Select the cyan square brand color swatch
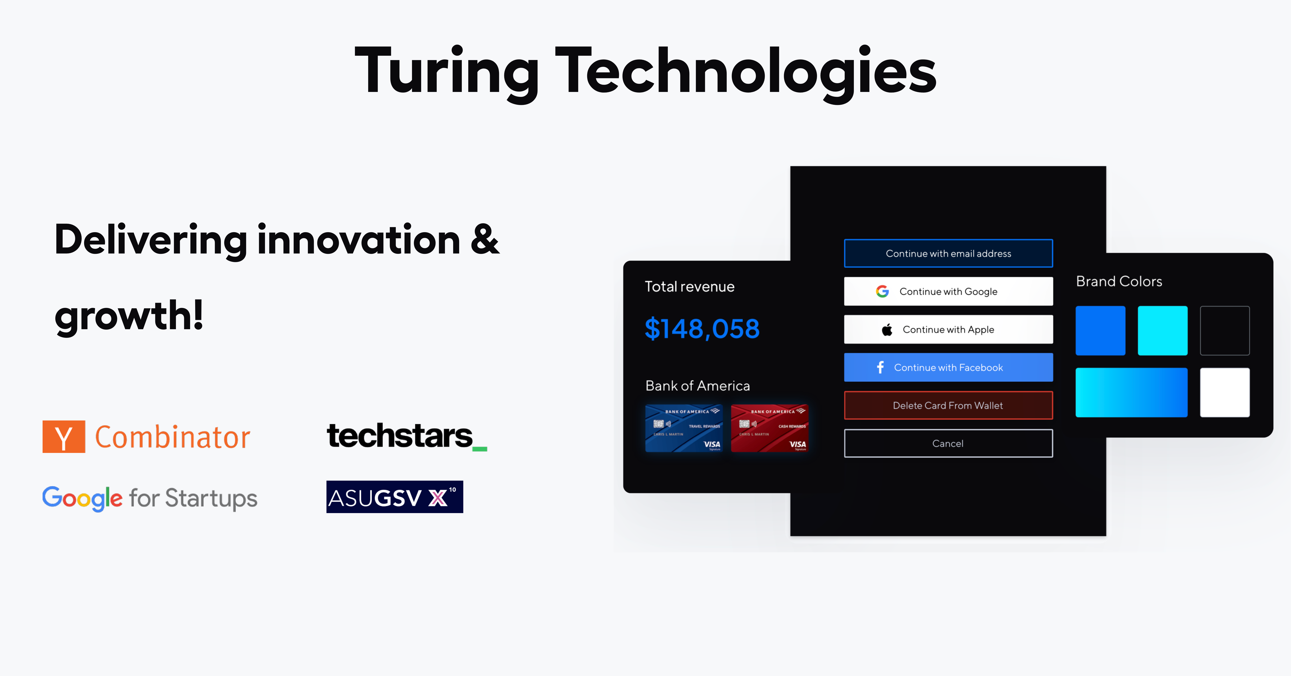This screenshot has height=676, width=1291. [x=1162, y=331]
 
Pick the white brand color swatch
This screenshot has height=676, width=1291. [x=1224, y=392]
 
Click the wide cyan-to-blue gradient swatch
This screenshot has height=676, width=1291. [x=1131, y=392]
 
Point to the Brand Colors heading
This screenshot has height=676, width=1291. [x=1119, y=282]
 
